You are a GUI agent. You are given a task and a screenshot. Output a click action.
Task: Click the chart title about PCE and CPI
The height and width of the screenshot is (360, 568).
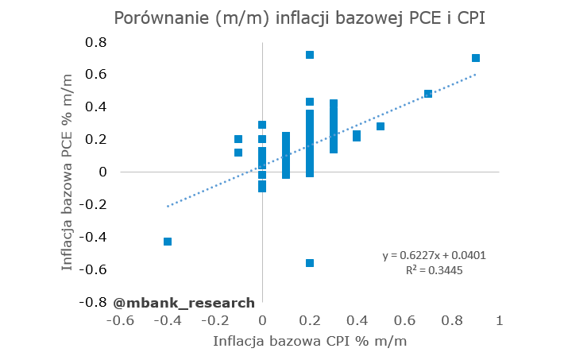point(299,18)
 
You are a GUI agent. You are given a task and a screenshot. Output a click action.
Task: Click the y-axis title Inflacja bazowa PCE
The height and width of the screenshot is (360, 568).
point(68,170)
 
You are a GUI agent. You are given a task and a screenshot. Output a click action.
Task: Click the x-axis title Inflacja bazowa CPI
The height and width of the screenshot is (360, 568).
point(310,342)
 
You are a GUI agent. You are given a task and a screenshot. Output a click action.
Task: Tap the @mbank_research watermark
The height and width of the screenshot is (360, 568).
point(184,302)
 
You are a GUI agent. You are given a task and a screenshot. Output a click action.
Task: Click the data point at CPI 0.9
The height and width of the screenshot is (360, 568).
point(476,58)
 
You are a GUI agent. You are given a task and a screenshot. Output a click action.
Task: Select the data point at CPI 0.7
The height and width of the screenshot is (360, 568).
point(428,94)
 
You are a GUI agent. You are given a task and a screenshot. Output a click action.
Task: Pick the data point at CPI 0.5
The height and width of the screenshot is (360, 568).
point(381,126)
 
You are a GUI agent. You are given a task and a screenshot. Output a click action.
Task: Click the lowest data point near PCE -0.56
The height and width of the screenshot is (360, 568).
point(310,263)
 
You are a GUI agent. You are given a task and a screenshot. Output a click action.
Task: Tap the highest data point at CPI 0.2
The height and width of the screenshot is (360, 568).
point(310,55)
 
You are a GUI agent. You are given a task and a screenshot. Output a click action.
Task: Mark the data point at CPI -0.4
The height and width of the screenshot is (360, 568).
point(168,242)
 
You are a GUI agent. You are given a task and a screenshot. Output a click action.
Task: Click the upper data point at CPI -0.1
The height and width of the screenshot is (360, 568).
point(238,139)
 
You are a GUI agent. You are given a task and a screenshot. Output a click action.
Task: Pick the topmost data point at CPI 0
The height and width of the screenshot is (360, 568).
point(262,125)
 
